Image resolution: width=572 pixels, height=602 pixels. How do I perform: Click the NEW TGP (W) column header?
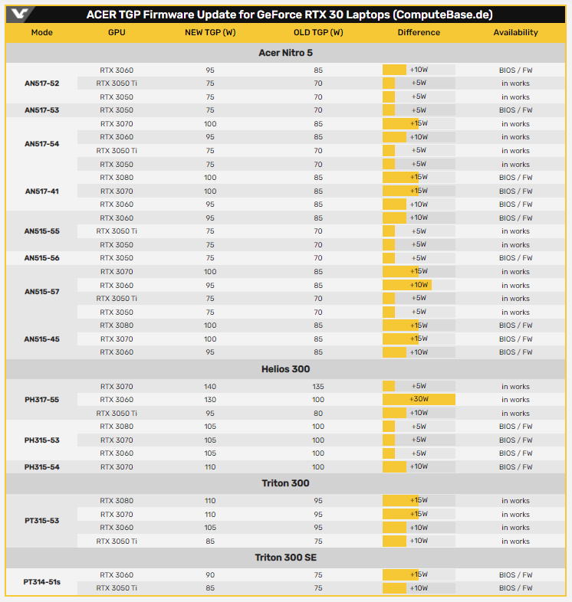[210, 32]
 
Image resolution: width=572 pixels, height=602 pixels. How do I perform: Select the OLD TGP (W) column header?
[318, 32]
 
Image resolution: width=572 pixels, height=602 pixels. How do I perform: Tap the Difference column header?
[419, 32]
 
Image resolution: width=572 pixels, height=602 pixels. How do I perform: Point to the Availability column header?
[515, 32]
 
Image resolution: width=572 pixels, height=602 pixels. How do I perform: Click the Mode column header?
[42, 32]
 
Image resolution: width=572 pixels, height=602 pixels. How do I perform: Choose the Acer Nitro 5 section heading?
[286, 53]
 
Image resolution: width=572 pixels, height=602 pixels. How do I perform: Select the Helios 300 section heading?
[286, 369]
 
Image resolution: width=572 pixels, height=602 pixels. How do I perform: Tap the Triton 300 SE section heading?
[286, 558]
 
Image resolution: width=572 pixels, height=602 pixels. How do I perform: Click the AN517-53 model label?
[41, 110]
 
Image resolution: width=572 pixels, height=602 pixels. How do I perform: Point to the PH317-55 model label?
[41, 400]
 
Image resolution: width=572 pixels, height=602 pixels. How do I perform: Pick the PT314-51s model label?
[41, 582]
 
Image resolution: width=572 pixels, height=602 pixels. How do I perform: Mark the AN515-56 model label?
[41, 258]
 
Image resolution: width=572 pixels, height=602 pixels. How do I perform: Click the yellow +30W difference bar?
[419, 400]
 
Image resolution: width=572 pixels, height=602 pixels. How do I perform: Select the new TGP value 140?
[210, 387]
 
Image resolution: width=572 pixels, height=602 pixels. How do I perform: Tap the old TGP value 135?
[318, 387]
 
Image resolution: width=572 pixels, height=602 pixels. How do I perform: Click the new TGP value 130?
[210, 400]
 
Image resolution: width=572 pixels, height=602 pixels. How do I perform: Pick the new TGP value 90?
[210, 575]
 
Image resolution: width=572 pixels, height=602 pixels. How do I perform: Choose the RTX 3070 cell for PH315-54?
[117, 466]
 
